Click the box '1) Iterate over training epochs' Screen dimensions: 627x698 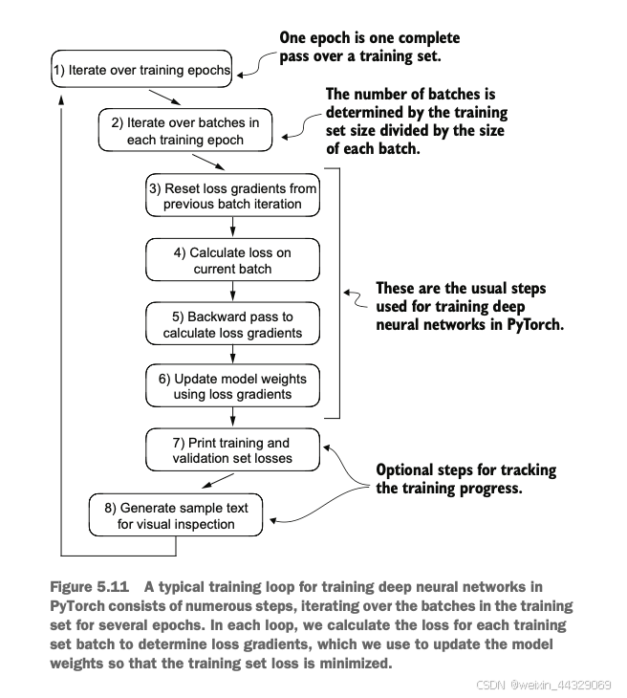(x=141, y=69)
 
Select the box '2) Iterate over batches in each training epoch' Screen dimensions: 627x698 (x=185, y=130)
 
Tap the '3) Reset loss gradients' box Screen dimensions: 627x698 (x=232, y=195)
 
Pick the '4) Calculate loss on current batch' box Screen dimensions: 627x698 (x=232, y=259)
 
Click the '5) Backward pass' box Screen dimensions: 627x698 (x=232, y=323)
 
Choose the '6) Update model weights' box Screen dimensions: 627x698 (x=232, y=385)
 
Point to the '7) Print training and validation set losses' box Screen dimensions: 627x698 (x=232, y=449)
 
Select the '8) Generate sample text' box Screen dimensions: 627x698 (x=176, y=514)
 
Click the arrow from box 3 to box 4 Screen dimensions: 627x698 (x=232, y=227)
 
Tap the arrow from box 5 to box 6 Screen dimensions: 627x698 (x=232, y=355)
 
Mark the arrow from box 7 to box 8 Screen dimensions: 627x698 (x=218, y=481)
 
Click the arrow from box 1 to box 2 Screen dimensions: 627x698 (x=164, y=98)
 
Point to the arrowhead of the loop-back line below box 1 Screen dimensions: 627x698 (x=61, y=99)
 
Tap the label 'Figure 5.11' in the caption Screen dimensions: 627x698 (x=90, y=587)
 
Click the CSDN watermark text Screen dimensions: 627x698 (x=543, y=685)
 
